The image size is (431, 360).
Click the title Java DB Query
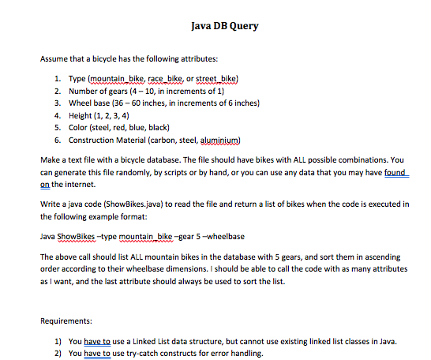pyautogui.click(x=224, y=26)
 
